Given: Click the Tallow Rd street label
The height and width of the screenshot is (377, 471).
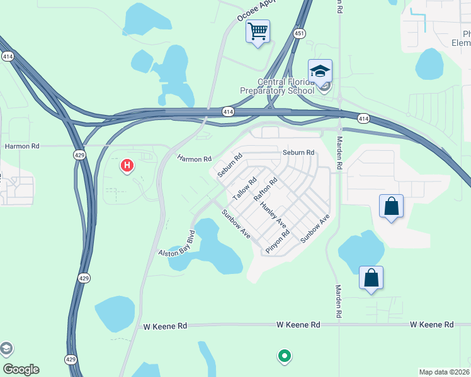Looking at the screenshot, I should click(x=245, y=188).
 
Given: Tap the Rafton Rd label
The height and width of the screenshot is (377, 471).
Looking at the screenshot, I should click(x=266, y=190).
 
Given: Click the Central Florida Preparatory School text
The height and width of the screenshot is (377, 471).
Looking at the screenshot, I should click(x=277, y=86).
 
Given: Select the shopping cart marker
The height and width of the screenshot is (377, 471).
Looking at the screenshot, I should click(x=258, y=31).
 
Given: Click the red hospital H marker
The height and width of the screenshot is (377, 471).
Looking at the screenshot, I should click(x=127, y=166).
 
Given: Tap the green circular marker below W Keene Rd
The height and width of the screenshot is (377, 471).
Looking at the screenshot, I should click(x=284, y=356).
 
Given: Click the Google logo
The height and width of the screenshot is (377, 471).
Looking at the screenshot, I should click(x=21, y=369).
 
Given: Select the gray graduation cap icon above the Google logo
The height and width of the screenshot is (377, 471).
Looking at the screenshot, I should click(x=6, y=349).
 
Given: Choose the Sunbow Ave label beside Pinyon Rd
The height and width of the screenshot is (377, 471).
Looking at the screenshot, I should click(x=315, y=229).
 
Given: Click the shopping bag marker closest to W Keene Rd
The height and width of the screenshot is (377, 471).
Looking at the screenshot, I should click(x=371, y=277).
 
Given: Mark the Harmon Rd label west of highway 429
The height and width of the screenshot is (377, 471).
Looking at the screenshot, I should click(x=22, y=146).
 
